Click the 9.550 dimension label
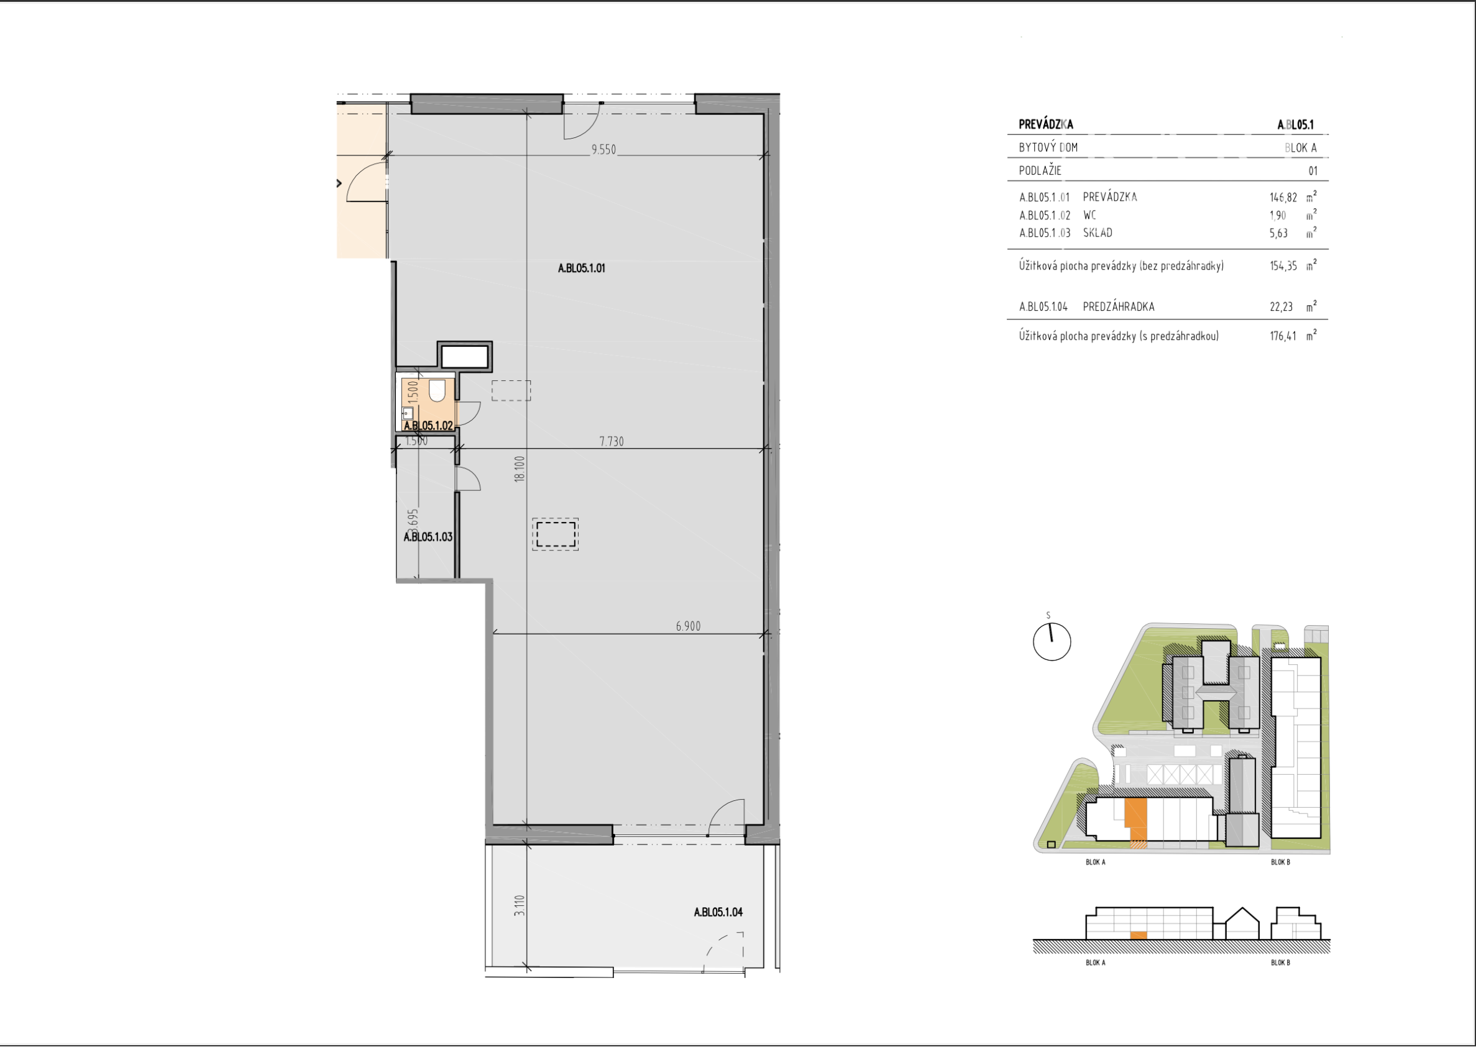tap(603, 150)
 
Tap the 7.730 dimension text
tap(612, 442)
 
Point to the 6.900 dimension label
tap(688, 626)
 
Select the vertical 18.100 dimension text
tap(520, 469)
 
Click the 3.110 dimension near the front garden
tap(520, 905)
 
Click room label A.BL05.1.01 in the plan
tap(581, 268)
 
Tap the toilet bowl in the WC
tap(437, 390)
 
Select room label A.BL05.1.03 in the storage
tap(428, 536)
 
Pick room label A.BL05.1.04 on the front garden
tap(718, 912)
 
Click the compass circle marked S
tap(1052, 641)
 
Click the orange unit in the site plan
tap(1135, 814)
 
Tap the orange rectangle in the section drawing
tap(1138, 935)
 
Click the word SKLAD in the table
tap(1098, 233)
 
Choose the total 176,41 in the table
tap(1283, 336)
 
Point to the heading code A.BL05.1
tap(1295, 124)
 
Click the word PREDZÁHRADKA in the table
tap(1118, 307)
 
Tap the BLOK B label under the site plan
tap(1280, 862)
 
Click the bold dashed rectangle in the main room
tap(555, 534)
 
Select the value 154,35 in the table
tap(1283, 265)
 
